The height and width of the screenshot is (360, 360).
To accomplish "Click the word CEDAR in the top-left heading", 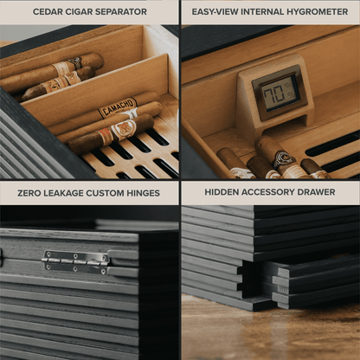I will (x=48, y=12).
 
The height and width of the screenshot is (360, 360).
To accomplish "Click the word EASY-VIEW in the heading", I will (x=216, y=12).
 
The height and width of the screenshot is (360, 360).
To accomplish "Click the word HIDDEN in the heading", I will (x=222, y=192).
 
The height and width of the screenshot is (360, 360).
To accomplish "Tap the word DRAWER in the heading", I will (x=314, y=192).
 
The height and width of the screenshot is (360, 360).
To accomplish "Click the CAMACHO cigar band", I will (x=118, y=108).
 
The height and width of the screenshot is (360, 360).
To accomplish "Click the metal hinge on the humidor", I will (x=75, y=260).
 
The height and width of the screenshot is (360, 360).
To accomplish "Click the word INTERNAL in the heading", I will (x=260, y=12).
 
